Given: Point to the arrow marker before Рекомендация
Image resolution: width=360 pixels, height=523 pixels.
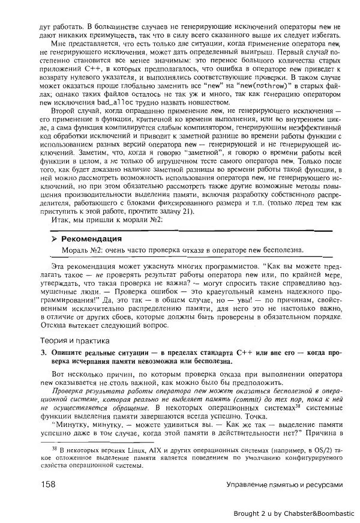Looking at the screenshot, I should click(55, 238).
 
